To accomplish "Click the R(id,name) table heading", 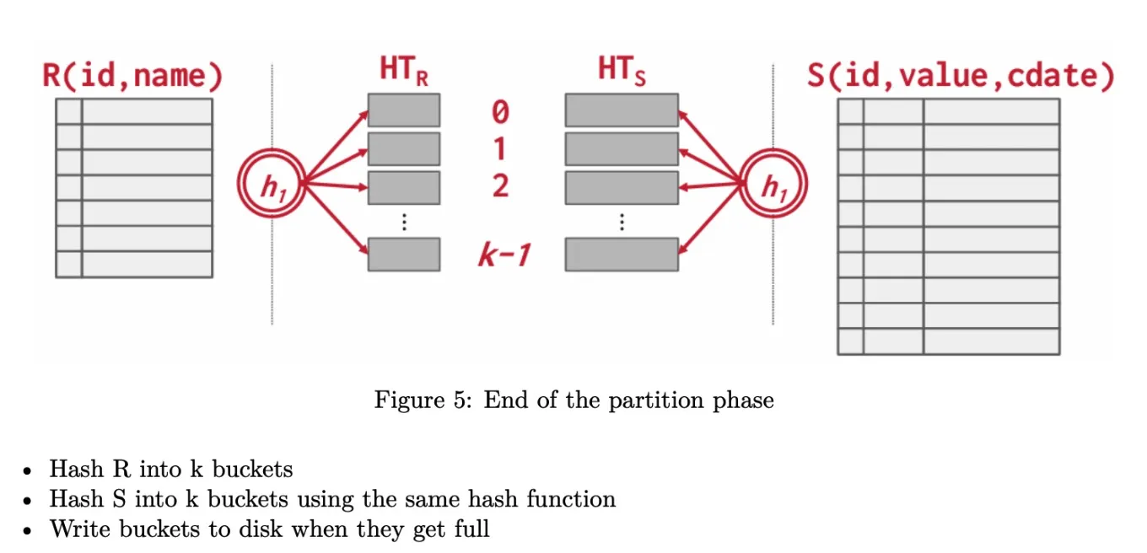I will coord(133,76).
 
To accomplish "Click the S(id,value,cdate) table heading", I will coord(961,76).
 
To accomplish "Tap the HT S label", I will coord(622,71).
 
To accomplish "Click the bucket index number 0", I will coord(500,112).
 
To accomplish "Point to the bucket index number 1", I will coord(500,148).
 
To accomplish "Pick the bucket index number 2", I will coord(500,185).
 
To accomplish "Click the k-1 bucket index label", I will coord(503,254).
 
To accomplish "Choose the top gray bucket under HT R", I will coord(404,110).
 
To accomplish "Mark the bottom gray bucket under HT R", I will coord(404,254).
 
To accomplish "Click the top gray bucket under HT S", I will coord(622,110).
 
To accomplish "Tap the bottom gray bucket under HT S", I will coord(622,254).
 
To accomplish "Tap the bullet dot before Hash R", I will coord(29,470).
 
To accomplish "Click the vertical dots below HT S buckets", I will coord(622,221).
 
